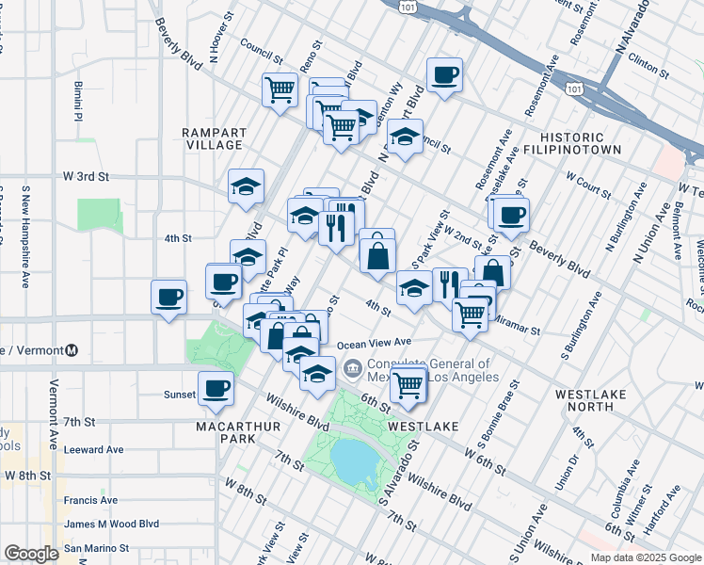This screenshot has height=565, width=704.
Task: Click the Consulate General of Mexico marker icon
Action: pyautogui.click(x=353, y=367)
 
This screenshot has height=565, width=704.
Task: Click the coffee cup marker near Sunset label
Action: pyautogui.click(x=216, y=388)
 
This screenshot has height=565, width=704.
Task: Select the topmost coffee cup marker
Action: pyautogui.click(x=444, y=74)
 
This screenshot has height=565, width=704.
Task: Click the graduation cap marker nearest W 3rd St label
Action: pyautogui.click(x=246, y=186)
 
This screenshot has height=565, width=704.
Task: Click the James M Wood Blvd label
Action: pyautogui.click(x=111, y=524)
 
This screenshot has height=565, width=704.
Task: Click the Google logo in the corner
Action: pyautogui.click(x=32, y=554)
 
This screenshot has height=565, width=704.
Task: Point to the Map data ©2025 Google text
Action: pyautogui.click(x=645, y=557)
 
